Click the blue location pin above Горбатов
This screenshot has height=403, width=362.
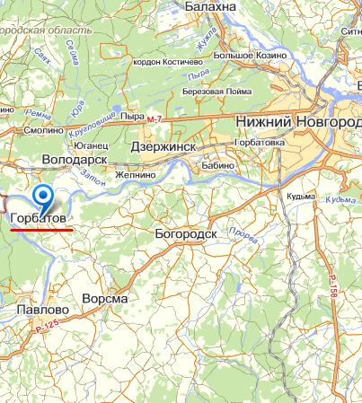pos(42,196)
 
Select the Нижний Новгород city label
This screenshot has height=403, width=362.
pos(296,121)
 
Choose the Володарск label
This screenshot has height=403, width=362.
pos(75,159)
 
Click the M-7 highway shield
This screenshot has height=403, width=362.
pos(157,119)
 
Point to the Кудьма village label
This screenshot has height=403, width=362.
pos(302,197)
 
